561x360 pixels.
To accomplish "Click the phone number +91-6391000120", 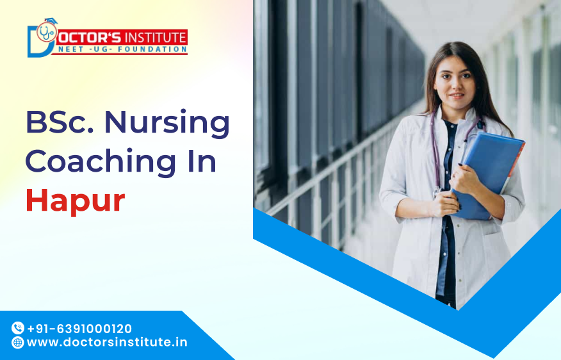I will point(79,328).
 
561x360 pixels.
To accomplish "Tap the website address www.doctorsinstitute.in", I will point(107,342).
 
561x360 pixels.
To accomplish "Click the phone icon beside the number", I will point(18,328).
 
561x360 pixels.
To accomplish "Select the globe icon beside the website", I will point(18,342).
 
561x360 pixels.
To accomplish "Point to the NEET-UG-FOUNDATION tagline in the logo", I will point(119,49).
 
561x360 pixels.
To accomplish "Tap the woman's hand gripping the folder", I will point(467,180).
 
